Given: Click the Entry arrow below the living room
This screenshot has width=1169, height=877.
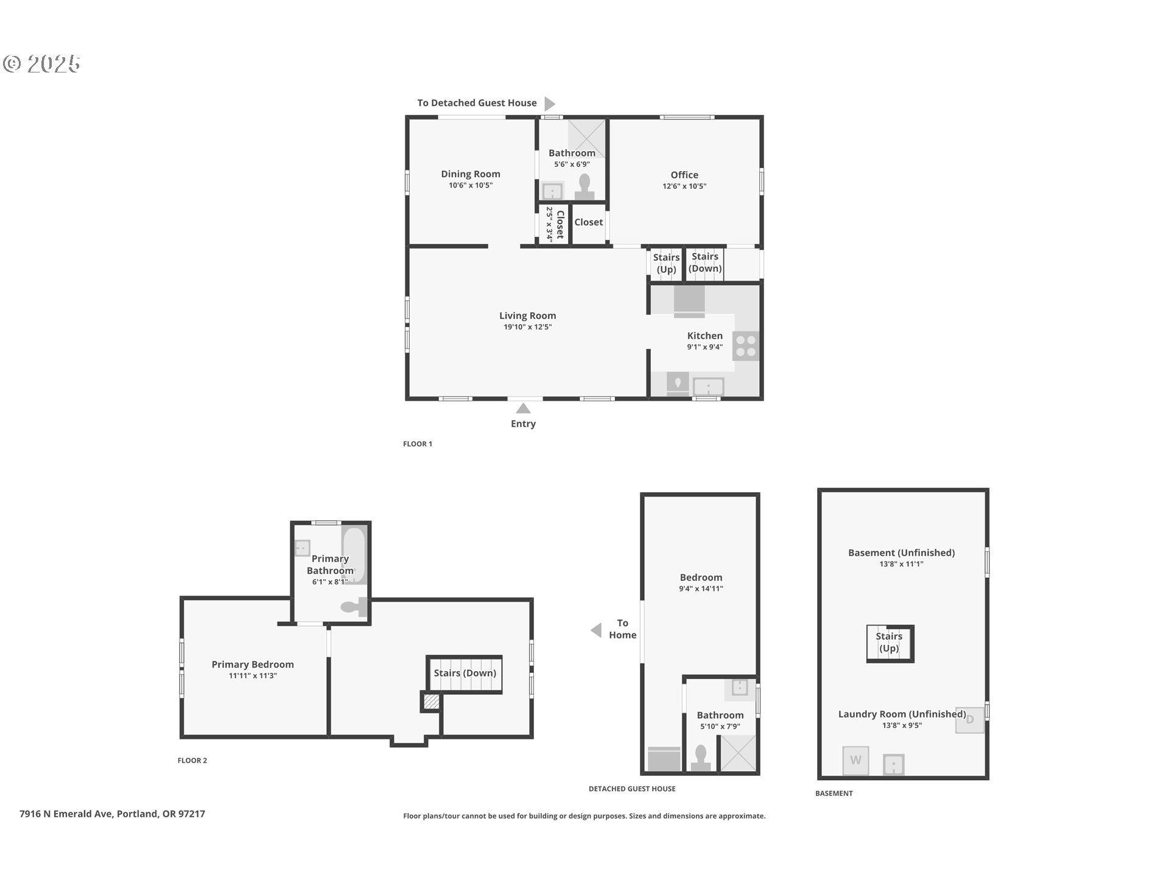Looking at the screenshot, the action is point(523,408).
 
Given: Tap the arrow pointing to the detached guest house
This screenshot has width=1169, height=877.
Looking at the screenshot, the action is point(549,103).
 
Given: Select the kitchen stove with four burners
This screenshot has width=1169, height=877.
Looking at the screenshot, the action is point(746,346).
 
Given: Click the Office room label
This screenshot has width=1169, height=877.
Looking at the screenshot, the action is point(684,175).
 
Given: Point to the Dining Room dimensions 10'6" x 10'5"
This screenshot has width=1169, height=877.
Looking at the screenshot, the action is point(471,185).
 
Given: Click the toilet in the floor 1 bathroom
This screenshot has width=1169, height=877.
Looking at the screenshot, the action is point(585,187).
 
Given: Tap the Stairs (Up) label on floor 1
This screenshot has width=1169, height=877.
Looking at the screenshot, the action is point(666,263).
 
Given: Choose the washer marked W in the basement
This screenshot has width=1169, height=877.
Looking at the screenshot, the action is point(855,760).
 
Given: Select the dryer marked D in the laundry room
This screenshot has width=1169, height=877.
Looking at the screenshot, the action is point(969,719).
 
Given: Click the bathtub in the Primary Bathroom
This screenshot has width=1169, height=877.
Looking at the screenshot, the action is point(354,555).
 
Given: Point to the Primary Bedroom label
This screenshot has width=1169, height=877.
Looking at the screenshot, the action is point(253,664).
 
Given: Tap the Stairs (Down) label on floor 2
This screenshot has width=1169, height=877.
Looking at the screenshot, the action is point(465,673).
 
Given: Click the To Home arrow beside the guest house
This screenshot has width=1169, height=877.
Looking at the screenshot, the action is point(596,630).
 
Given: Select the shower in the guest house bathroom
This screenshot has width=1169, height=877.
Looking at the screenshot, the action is point(738,753).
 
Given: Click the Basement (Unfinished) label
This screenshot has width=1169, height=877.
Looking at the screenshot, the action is point(901,553).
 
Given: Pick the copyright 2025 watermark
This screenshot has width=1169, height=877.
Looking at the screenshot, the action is point(41,63).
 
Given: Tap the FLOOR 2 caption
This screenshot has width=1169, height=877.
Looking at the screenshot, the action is point(192,760).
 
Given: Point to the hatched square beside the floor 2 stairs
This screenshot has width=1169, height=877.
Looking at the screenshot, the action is point(430,702).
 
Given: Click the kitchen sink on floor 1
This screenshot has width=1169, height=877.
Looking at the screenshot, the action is point(708,387).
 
